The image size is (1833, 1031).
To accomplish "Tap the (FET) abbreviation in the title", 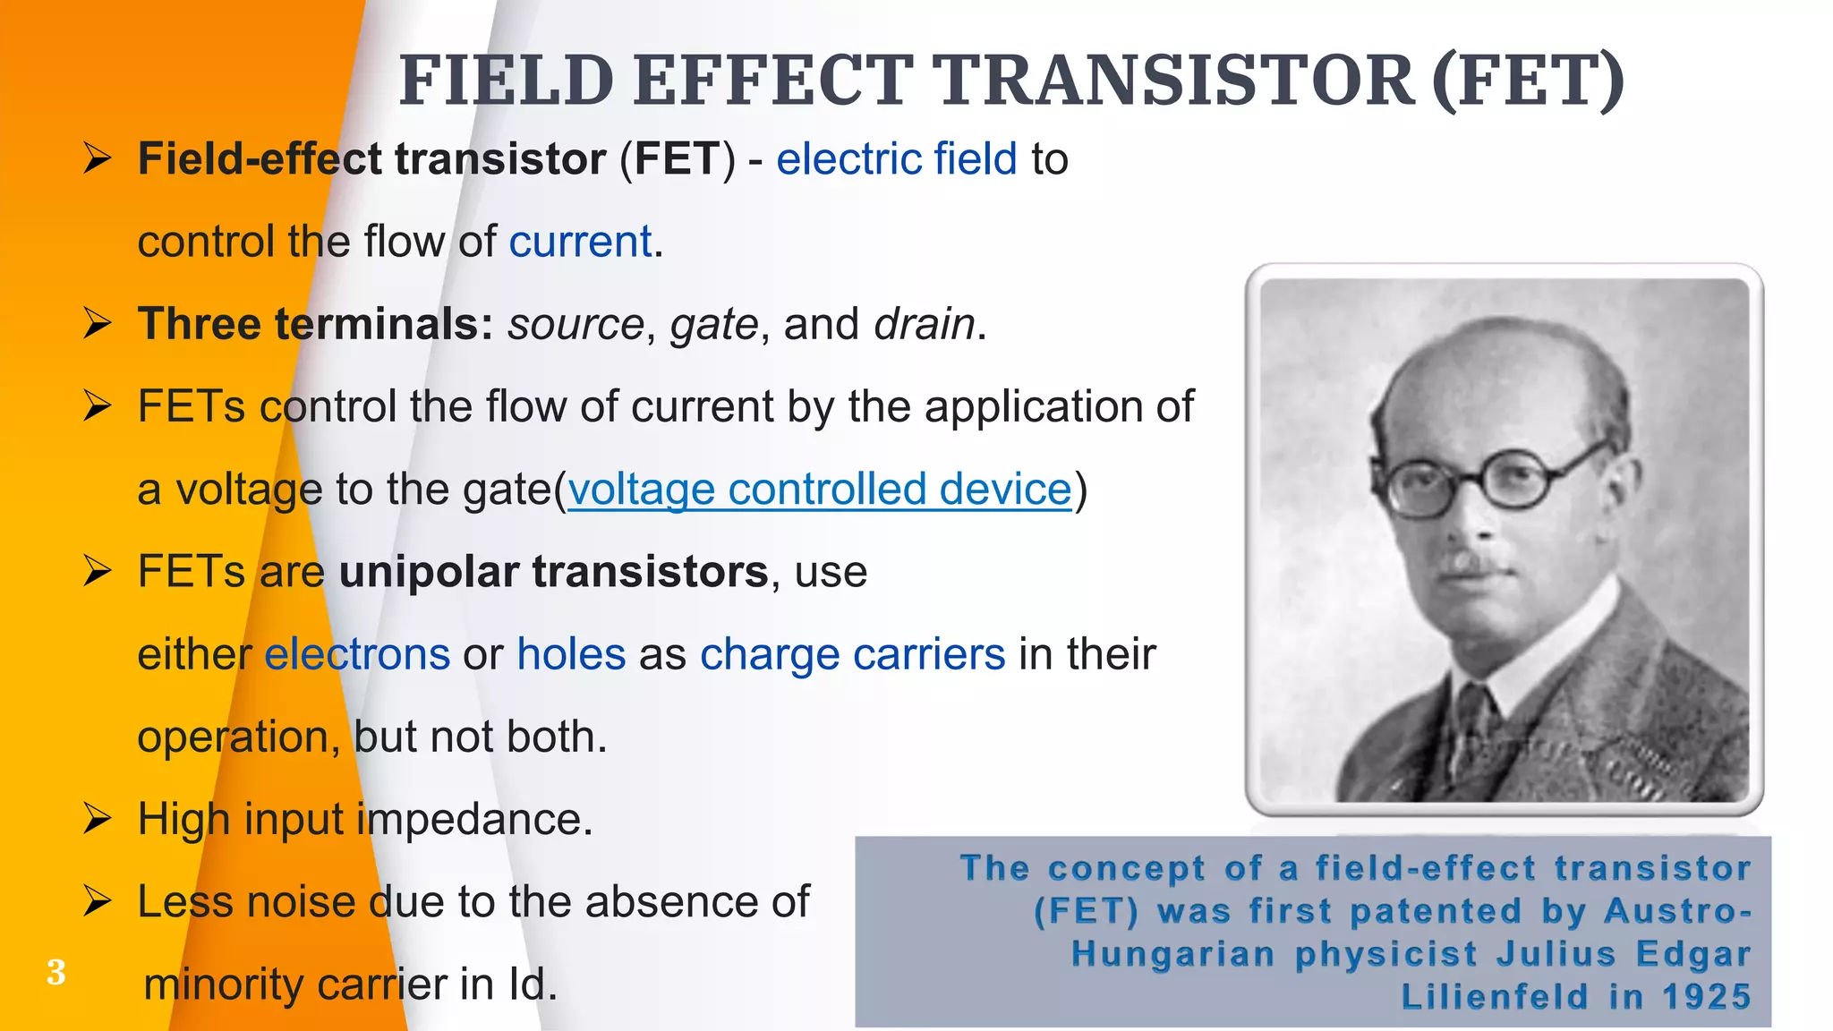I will click(x=1528, y=81).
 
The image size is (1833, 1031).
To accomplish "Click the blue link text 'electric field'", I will click(x=896, y=159).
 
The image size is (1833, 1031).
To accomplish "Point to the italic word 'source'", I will click(x=575, y=324).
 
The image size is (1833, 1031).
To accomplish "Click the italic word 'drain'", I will click(x=924, y=324).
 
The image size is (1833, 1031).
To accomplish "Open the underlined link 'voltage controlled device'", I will click(x=819, y=490).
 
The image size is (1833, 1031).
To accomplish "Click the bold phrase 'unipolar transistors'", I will click(x=553, y=572).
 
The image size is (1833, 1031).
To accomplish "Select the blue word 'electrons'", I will click(x=356, y=654).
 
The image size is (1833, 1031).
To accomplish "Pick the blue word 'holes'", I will click(x=571, y=654).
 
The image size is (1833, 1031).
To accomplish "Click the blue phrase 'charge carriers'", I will click(x=852, y=654).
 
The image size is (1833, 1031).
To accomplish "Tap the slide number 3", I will click(x=55, y=972).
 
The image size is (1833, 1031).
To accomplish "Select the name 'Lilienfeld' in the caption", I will click(x=1494, y=997).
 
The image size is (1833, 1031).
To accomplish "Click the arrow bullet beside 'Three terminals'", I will click(x=97, y=324).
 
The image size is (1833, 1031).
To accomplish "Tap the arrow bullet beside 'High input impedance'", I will click(x=97, y=819).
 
